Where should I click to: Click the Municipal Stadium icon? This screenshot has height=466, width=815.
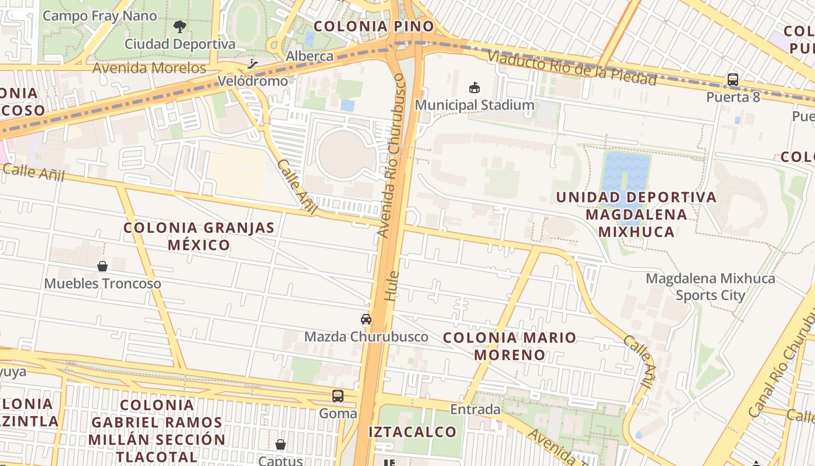click(474, 88)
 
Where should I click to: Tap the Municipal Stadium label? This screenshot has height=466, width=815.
click(474, 105)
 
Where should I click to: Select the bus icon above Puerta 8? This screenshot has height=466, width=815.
click(733, 80)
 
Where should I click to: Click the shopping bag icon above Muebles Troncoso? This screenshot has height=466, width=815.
click(102, 266)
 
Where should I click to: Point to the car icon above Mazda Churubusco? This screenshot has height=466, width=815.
click(366, 319)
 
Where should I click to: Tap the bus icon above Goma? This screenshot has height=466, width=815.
click(338, 396)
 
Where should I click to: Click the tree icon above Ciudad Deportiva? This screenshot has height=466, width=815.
click(180, 26)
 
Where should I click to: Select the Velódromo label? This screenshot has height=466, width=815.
click(253, 81)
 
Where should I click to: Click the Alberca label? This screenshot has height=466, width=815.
click(310, 57)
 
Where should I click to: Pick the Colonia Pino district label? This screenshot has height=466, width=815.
click(374, 26)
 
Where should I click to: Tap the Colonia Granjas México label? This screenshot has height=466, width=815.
click(199, 236)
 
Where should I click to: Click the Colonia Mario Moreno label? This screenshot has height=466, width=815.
click(510, 346)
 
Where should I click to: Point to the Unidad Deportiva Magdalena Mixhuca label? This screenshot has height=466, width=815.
click(636, 214)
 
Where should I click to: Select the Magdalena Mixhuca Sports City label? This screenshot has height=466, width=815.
click(710, 287)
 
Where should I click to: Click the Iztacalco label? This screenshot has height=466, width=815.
click(412, 432)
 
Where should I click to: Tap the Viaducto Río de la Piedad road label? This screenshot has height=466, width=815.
click(572, 69)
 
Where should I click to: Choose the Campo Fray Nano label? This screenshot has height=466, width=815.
click(100, 16)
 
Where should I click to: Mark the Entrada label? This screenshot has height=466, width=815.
click(476, 409)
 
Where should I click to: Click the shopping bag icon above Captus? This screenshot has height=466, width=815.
click(281, 444)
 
